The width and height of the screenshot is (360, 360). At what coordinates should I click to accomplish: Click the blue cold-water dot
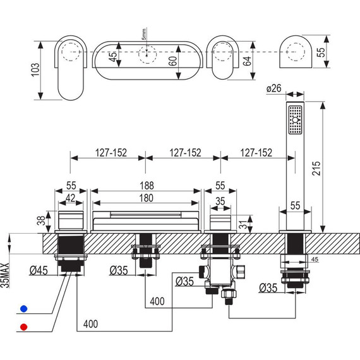point(23,309)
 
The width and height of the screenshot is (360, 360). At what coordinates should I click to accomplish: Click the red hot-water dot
point(23,327)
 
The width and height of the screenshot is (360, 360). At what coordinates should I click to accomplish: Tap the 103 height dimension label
point(35,69)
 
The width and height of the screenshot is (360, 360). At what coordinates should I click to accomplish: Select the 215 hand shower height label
point(316,168)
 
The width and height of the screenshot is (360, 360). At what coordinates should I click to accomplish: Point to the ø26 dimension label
point(274,88)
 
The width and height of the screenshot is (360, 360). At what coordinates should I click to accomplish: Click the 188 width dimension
point(147,186)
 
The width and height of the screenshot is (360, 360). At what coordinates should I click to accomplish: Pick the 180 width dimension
point(147,198)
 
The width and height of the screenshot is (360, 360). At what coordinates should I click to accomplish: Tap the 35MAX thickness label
point(5,275)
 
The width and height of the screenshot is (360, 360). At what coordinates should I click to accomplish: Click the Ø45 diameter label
point(39,270)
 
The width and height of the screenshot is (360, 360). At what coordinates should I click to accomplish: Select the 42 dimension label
point(71,198)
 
